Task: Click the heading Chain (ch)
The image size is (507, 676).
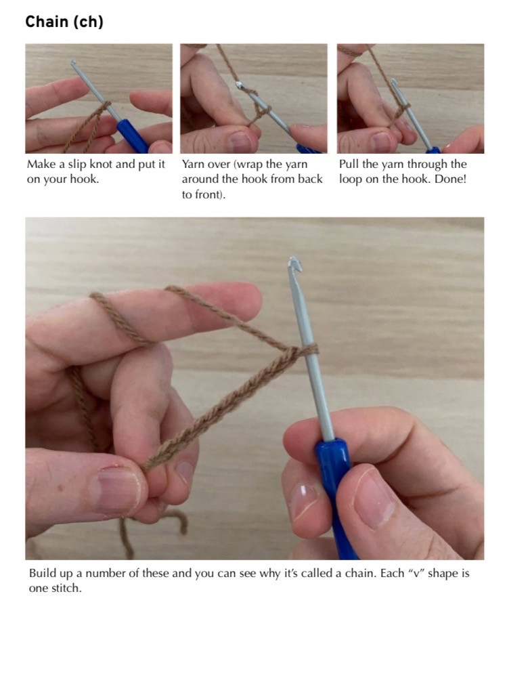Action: click(64, 22)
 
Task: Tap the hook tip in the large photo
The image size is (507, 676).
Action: click(293, 263)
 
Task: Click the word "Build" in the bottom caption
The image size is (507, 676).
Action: click(43, 574)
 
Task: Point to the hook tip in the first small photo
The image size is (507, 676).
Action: click(73, 63)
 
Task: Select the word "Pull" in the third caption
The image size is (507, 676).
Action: click(349, 165)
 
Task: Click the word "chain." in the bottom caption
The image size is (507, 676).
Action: click(327, 574)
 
